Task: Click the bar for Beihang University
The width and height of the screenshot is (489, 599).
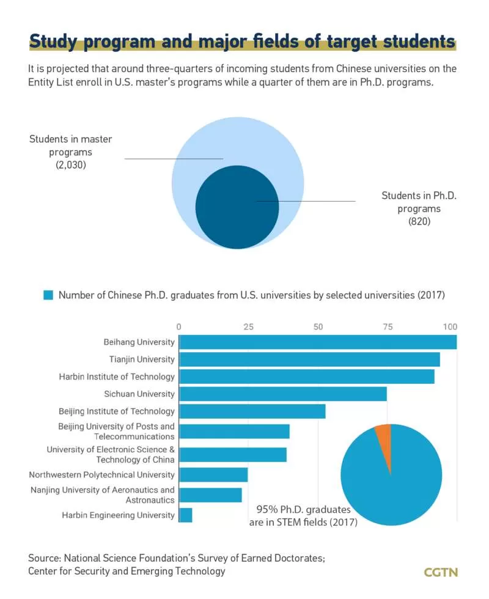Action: coord(318,342)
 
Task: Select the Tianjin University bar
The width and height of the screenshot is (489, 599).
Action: coord(309,359)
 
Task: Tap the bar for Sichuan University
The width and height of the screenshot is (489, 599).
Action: coord(282,394)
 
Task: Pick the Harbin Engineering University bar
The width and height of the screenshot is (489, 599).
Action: coord(186,515)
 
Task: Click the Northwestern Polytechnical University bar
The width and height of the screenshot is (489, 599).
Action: coord(213,475)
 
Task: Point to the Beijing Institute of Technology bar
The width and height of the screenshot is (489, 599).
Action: coord(252,411)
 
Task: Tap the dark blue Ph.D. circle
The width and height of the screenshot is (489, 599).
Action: coord(237,207)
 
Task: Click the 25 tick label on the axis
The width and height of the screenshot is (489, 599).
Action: coord(248,326)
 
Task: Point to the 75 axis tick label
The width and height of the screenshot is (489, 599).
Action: coord(388,326)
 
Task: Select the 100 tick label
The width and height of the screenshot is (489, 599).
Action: coord(450,326)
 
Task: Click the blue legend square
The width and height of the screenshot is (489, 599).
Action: coord(48,295)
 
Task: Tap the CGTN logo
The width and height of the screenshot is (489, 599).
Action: coord(441,572)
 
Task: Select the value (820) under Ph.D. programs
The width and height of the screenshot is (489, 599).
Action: coord(419,221)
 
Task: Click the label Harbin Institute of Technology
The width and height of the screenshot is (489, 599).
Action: coord(117,377)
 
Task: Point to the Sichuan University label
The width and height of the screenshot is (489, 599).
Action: coord(139,394)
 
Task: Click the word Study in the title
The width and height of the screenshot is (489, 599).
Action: coord(54,42)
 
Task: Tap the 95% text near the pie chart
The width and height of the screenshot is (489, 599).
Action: coord(267,509)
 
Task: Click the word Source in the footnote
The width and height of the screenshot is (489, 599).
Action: coord(44,558)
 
